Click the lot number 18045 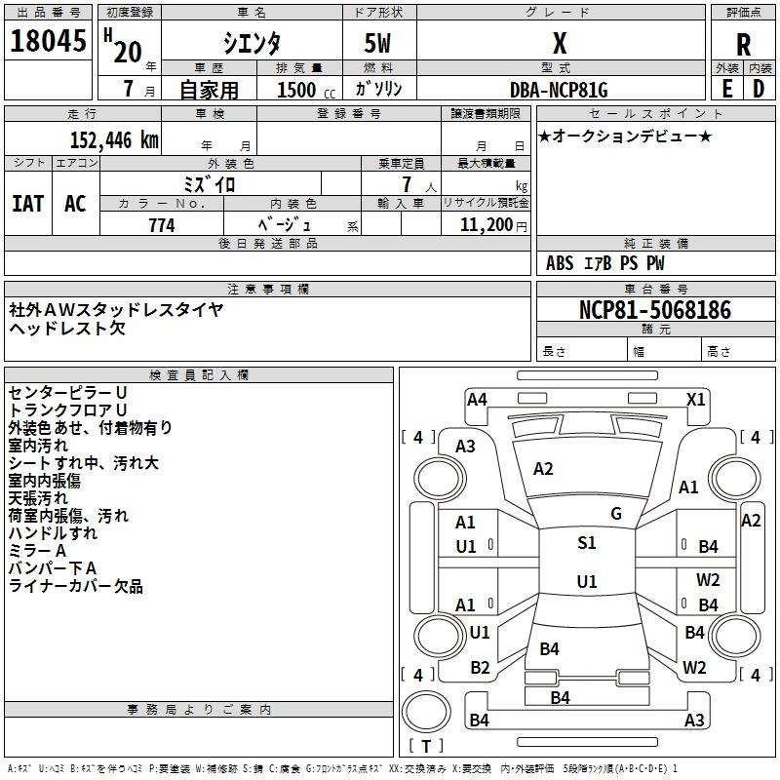tap(48, 41)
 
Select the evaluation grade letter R tap(743, 45)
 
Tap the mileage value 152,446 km tap(114, 139)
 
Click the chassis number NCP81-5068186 tap(655, 310)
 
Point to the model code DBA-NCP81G tap(559, 90)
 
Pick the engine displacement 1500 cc tap(306, 90)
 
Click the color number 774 tap(162, 225)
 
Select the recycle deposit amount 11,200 tap(486, 225)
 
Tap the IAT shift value tap(28, 204)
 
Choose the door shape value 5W tap(377, 44)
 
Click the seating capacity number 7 tap(407, 184)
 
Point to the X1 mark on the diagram tap(695, 400)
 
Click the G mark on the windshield tap(616, 514)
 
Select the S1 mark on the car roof tap(587, 543)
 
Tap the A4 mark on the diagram tap(477, 400)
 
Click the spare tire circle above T tap(426, 712)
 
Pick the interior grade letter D tap(759, 89)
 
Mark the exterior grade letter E tap(727, 89)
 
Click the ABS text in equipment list tap(560, 263)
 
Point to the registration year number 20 tap(128, 52)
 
